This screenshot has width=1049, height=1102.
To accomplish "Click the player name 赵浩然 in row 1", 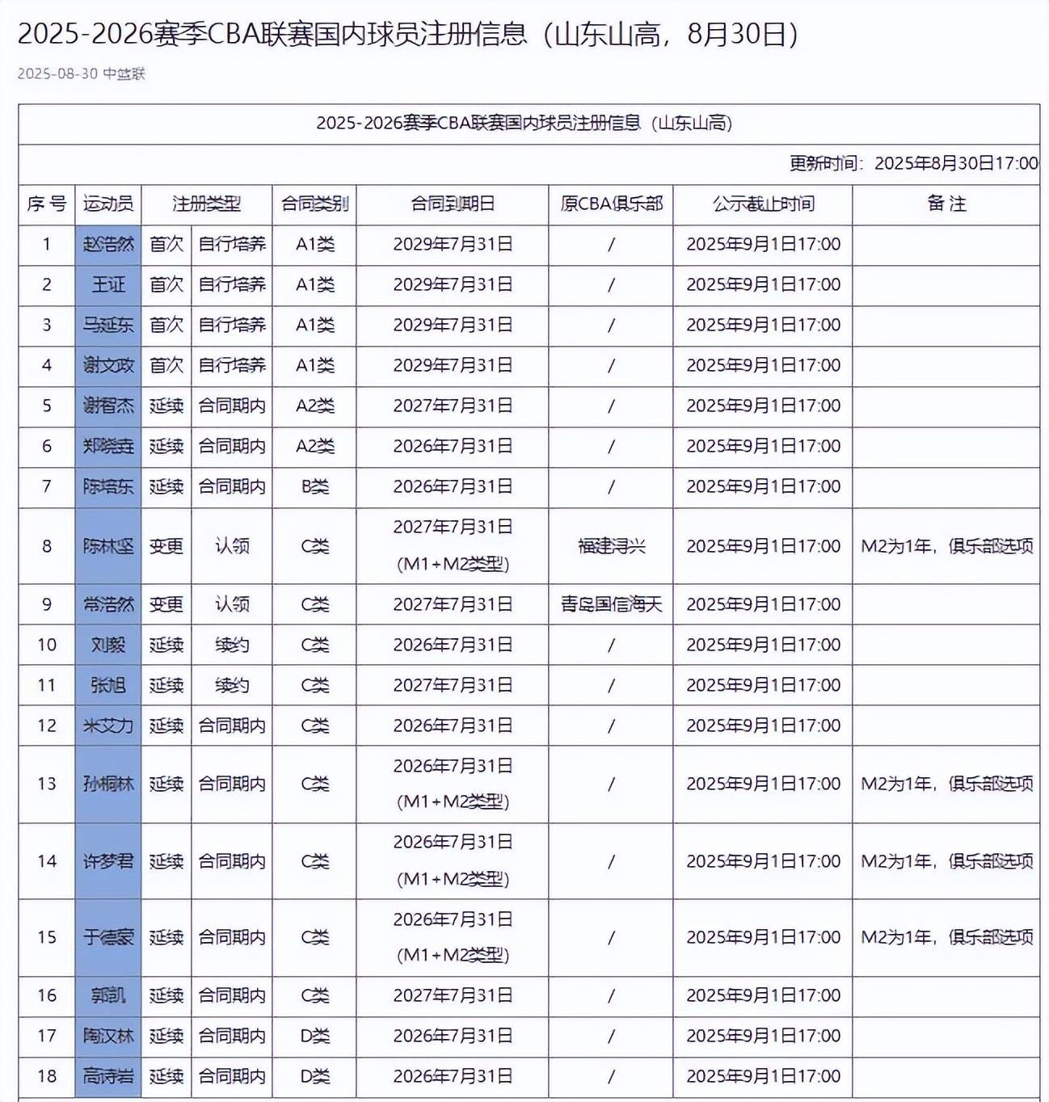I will [108, 244].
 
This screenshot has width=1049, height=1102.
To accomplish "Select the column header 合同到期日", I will [453, 204].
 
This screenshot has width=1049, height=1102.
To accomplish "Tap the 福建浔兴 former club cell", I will [611, 546].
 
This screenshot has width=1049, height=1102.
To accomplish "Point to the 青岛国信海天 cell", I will [611, 604].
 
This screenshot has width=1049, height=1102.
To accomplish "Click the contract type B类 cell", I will [314, 486].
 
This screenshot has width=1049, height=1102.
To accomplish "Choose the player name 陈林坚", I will [108, 546].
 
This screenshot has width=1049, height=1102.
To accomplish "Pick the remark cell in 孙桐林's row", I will [946, 784].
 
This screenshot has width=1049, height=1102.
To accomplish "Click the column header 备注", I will [946, 204].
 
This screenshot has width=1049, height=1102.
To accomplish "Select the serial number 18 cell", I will [47, 1076].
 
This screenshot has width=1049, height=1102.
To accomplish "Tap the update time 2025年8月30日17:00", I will [956, 163].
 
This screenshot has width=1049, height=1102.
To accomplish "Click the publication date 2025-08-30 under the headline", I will [57, 74].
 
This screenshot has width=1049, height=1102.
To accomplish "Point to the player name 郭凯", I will [108, 995].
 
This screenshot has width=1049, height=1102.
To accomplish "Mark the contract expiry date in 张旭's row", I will [453, 685].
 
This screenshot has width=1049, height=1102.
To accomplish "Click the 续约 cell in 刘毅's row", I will [232, 645].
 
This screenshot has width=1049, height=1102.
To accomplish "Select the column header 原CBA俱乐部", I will [611, 204].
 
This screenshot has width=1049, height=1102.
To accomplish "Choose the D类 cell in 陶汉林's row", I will [314, 1036].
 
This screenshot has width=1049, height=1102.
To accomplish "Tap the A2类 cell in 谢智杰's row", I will [314, 406].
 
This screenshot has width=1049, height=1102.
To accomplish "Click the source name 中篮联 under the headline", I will [124, 74].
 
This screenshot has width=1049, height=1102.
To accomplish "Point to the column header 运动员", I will [108, 204].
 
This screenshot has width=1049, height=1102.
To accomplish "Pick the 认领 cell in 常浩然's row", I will [232, 604].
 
